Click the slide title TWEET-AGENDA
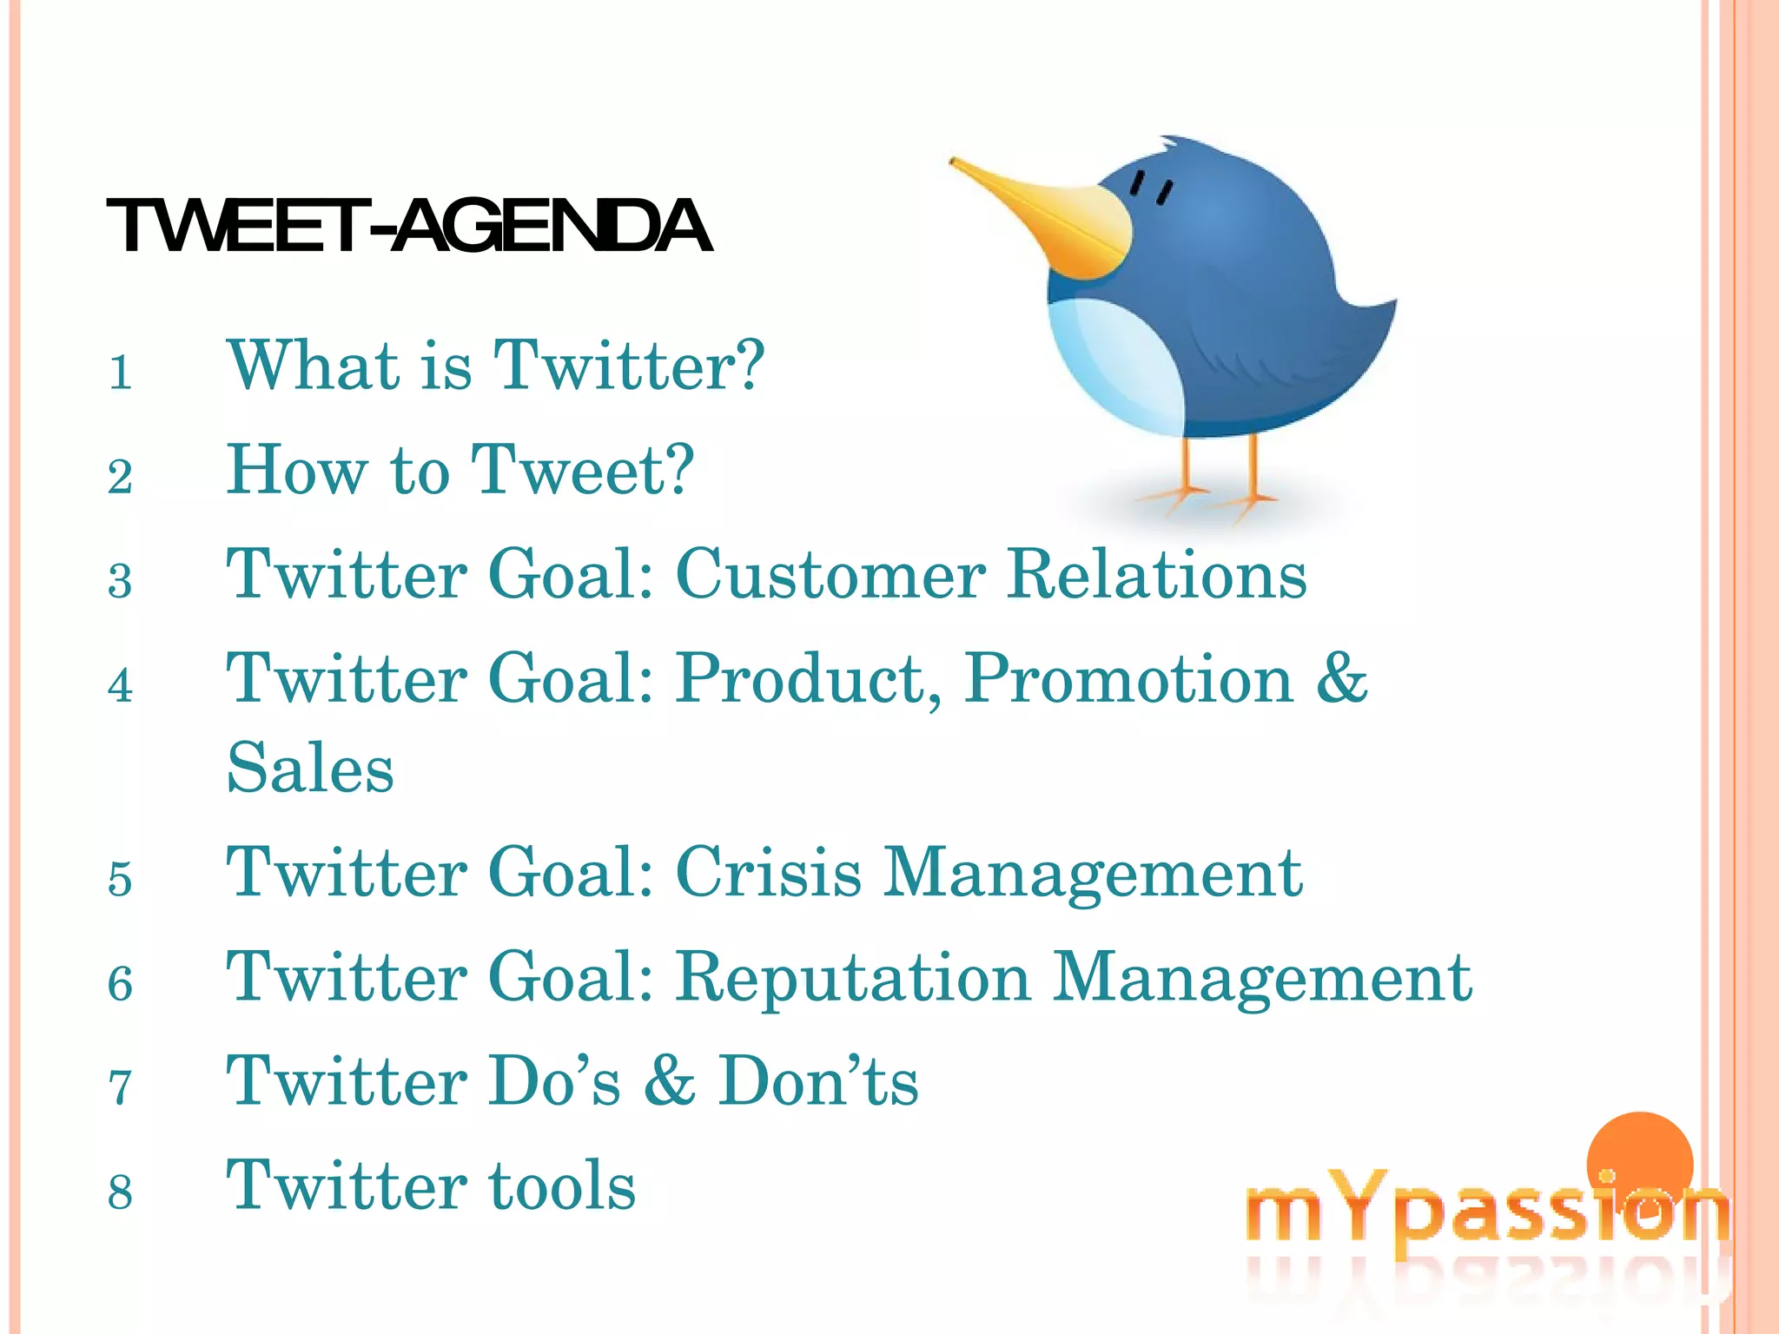point(408,226)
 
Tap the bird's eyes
point(1151,187)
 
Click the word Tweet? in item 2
point(582,470)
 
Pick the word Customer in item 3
point(830,574)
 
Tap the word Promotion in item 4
point(1129,678)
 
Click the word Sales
point(310,769)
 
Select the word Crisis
point(769,872)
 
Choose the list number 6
point(121,985)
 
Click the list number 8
point(121,1193)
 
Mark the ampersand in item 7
point(670,1082)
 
